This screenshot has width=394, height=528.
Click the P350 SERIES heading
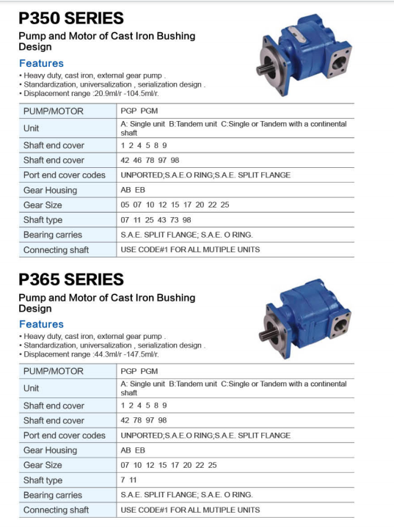[71, 18]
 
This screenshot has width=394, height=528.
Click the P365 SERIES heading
[71, 279]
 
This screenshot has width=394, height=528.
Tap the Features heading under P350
[41, 63]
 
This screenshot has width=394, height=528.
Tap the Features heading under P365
[41, 324]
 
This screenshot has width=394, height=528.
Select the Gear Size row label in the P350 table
[43, 205]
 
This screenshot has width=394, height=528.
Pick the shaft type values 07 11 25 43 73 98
[156, 220]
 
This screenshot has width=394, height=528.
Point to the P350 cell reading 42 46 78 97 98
[150, 160]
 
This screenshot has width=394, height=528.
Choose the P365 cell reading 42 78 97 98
[144, 420]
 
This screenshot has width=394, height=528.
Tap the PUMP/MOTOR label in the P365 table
[53, 371]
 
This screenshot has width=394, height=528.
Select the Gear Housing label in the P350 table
[50, 190]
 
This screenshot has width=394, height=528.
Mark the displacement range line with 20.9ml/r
[91, 94]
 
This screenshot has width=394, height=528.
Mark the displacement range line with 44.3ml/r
[91, 354]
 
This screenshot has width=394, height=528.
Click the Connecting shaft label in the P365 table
[56, 510]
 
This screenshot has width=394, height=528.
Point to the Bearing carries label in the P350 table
[52, 235]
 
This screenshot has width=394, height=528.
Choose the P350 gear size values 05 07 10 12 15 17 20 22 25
[175, 205]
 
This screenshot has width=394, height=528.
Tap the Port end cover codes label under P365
[65, 436]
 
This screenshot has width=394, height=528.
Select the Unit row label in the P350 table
[31, 128]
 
